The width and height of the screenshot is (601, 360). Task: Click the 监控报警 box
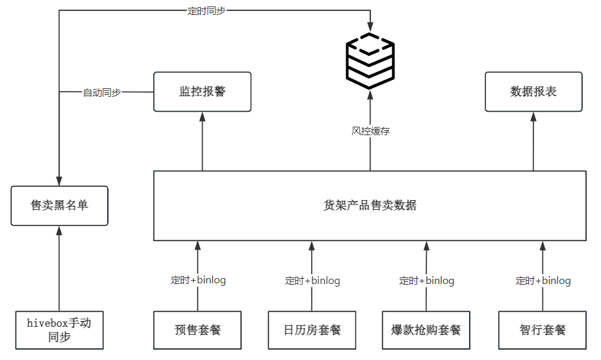point(202,92)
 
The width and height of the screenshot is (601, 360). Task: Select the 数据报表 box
point(533,92)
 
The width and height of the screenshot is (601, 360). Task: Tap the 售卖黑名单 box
point(59,205)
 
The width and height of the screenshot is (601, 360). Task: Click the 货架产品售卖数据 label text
point(370,205)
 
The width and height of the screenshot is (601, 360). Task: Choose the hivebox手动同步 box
point(59,329)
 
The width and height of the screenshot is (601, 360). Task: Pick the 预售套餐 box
point(198,329)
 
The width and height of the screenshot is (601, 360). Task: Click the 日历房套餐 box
point(312,329)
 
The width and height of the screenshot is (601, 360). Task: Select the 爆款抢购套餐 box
point(426,329)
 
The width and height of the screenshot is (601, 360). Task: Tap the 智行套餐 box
point(543,329)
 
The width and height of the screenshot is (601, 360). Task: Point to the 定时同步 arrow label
point(207,11)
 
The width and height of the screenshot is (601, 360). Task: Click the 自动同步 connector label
point(102,92)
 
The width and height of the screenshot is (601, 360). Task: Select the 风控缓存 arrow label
point(370,131)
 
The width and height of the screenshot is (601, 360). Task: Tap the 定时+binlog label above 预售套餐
point(198,281)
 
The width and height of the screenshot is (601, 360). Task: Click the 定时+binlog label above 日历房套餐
point(313,281)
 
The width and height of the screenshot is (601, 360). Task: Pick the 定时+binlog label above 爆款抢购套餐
point(426,281)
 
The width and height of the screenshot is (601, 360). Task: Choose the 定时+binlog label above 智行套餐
point(543,281)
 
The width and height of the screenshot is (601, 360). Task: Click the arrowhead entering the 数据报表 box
point(533,117)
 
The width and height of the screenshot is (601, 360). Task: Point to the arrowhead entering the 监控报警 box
point(202,117)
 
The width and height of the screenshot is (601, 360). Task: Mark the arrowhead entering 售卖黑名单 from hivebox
point(59,231)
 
